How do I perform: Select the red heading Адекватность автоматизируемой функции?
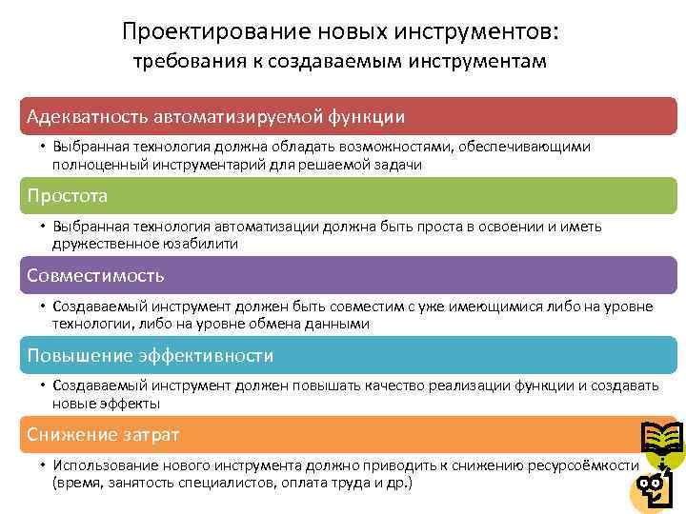216,116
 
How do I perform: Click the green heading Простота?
68,196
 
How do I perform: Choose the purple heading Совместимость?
95,276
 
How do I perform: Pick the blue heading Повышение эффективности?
151,356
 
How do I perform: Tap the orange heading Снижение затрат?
103,435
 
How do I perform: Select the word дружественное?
100,244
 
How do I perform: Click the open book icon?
660,440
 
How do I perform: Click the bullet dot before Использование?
44,465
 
